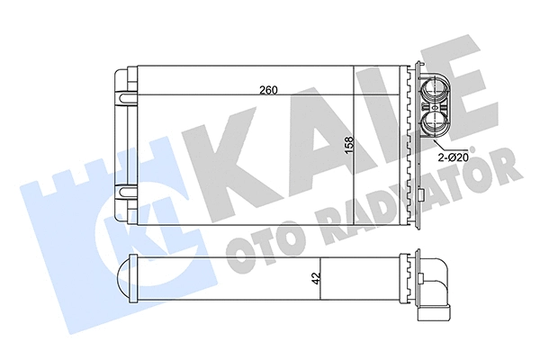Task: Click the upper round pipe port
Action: tap(433, 91)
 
